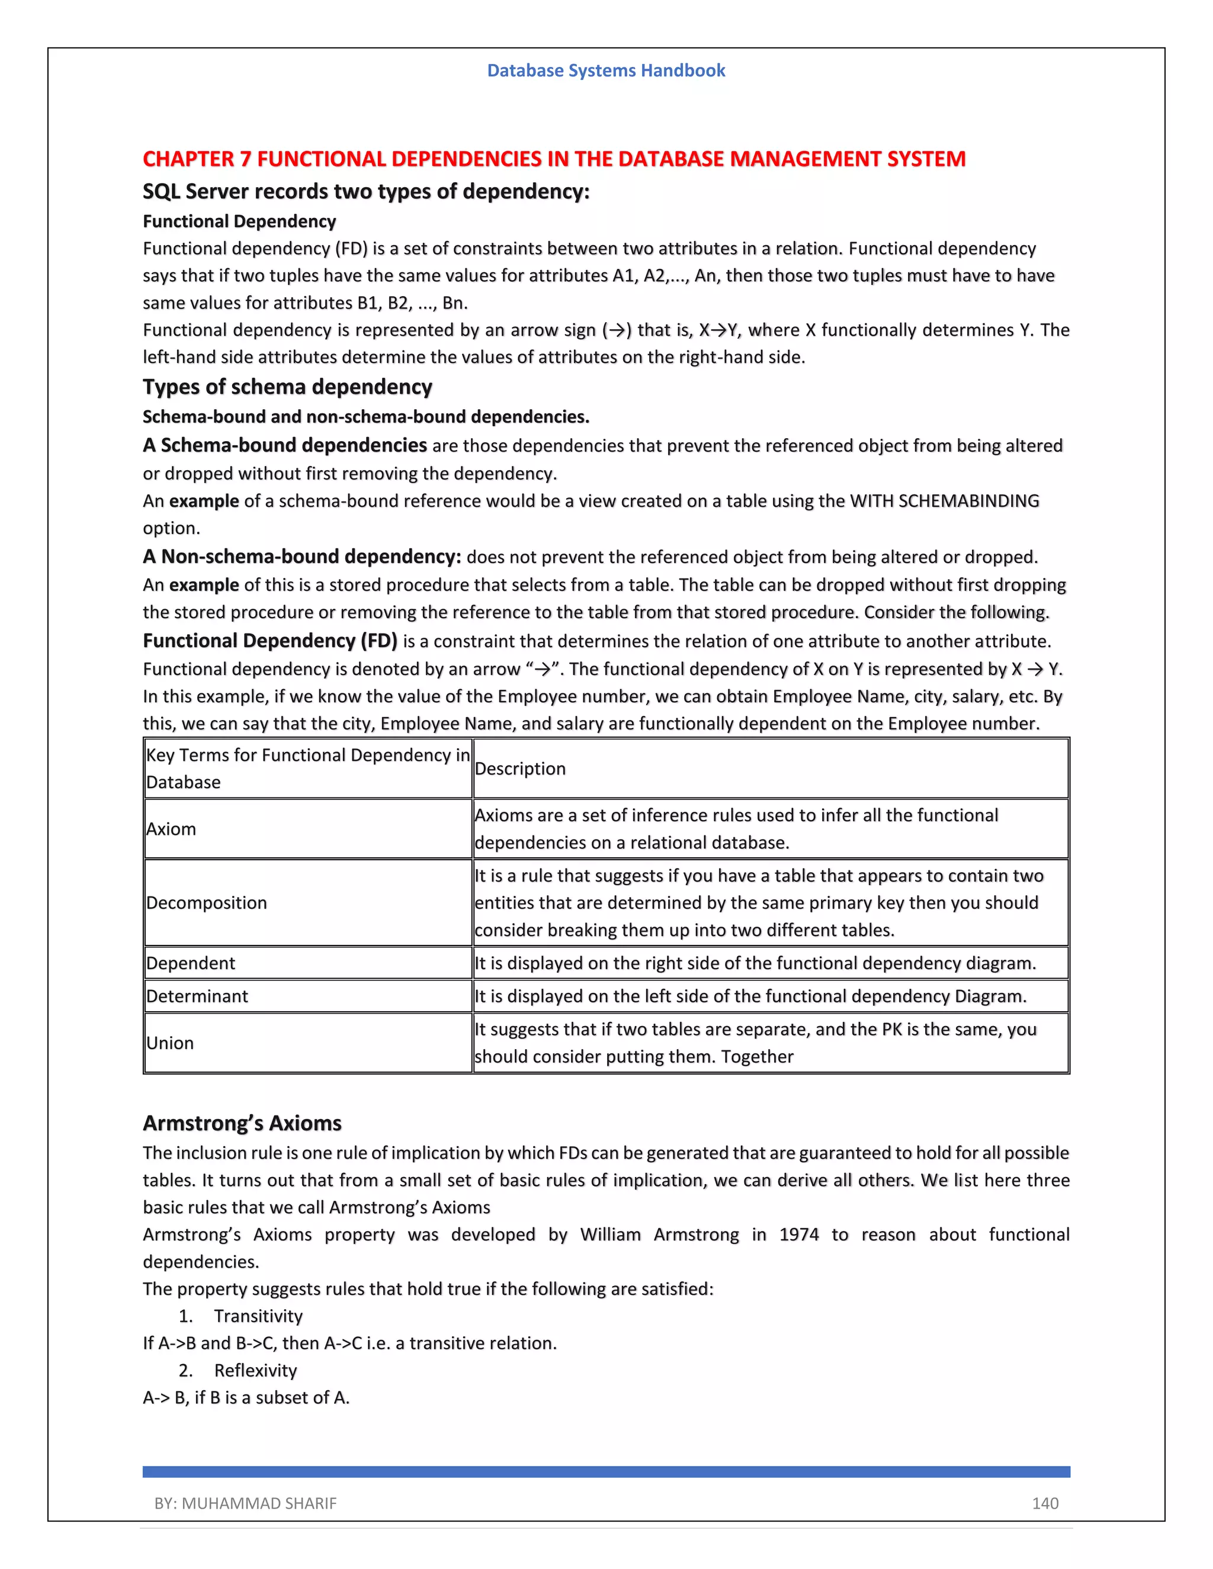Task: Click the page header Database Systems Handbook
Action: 606,70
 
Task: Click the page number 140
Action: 1045,1503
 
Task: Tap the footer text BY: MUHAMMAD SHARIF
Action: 245,1503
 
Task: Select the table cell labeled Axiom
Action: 171,829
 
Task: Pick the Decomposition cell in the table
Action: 207,903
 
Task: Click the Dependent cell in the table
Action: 191,963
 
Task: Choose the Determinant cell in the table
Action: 197,996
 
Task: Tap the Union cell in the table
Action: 171,1043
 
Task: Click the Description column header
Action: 520,769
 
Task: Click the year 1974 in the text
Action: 799,1234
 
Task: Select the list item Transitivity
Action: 258,1316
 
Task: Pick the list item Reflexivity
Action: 255,1371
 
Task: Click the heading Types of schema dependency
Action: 287,387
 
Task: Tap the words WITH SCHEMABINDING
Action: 944,501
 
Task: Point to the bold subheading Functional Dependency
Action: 239,221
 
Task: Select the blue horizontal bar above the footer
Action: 606,1471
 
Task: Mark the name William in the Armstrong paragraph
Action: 610,1234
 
